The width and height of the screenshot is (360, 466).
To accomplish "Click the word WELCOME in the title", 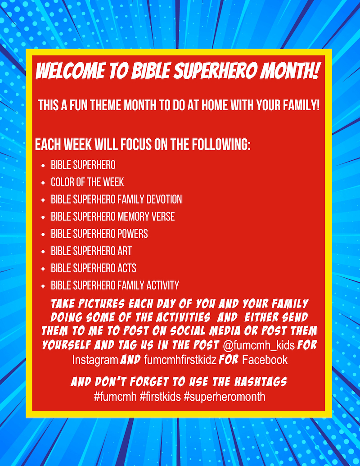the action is pyautogui.click(x=70, y=71).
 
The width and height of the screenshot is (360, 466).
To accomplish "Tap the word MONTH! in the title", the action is pyautogui.click(x=290, y=71).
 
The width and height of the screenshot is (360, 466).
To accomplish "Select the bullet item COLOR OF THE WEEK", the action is pyautogui.click(x=87, y=182).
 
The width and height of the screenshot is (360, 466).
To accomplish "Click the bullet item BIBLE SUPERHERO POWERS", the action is pyautogui.click(x=99, y=234).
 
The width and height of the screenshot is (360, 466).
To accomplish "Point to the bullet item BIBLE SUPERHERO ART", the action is pyautogui.click(x=91, y=251).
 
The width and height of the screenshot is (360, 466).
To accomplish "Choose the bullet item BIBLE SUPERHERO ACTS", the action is pyautogui.click(x=94, y=268).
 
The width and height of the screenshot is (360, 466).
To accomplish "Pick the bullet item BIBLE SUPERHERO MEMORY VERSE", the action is pyautogui.click(x=112, y=217).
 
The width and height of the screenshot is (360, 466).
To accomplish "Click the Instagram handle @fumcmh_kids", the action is pyautogui.click(x=258, y=346).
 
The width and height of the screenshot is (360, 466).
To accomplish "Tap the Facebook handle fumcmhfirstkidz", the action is pyautogui.click(x=180, y=360).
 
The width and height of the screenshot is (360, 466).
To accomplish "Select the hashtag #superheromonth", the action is pyautogui.click(x=225, y=397).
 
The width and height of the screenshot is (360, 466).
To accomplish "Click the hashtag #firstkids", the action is pyautogui.click(x=160, y=397).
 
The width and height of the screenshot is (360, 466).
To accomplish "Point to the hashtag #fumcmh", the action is pyautogui.click(x=115, y=397).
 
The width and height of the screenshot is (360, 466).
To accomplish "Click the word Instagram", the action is pyautogui.click(x=95, y=360).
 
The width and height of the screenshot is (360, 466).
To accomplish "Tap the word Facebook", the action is pyautogui.click(x=265, y=360).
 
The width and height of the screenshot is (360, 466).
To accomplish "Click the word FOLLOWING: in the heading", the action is pyautogui.click(x=220, y=145).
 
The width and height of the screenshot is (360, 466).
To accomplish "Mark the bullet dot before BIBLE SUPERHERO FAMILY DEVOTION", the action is pyautogui.click(x=43, y=200).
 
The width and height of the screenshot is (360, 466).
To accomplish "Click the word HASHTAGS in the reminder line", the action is pyautogui.click(x=261, y=382).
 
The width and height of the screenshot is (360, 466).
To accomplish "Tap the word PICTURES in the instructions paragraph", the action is pyautogui.click(x=101, y=304).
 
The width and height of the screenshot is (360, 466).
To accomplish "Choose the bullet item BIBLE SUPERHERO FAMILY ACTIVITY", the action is pyautogui.click(x=115, y=285).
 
